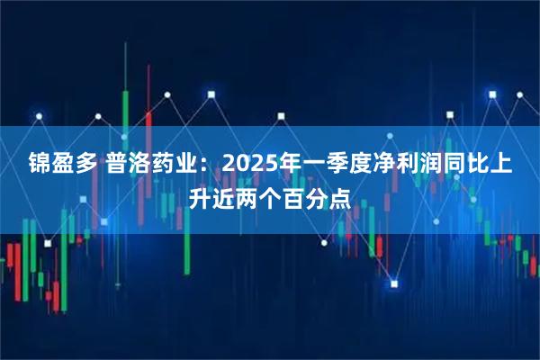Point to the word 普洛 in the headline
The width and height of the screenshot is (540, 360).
tap(130, 165)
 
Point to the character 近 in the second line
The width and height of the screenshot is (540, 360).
tap(222, 193)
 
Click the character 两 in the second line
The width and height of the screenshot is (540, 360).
tap(247, 193)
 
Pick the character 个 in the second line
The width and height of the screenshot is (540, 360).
tap(270, 193)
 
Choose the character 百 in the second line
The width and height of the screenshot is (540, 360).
tap(294, 193)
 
